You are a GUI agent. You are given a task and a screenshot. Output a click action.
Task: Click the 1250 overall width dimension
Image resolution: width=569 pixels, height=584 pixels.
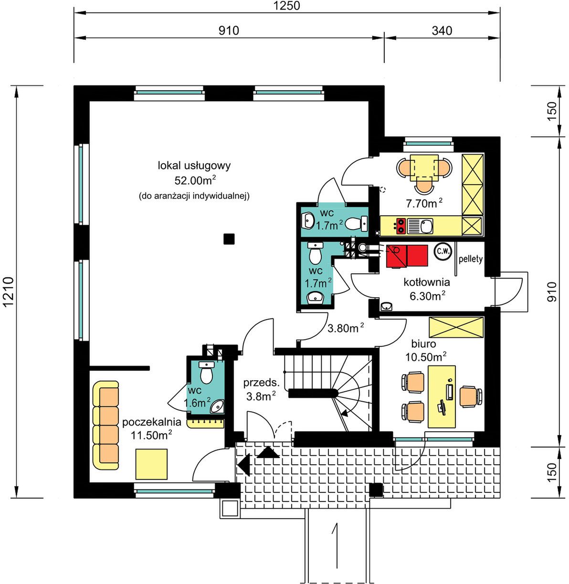pos(286,6)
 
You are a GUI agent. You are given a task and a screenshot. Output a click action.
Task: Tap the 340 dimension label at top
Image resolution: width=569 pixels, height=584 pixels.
pos(442,31)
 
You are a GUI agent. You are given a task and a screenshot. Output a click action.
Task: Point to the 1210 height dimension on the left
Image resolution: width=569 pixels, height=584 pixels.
pos(9,292)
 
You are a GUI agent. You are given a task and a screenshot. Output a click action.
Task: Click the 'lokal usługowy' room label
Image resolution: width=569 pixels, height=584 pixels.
pos(194,166)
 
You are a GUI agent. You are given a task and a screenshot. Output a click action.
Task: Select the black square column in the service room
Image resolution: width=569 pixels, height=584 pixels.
pos(229,239)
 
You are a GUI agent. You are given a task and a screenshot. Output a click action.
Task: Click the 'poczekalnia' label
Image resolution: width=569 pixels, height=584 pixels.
pos(152,422)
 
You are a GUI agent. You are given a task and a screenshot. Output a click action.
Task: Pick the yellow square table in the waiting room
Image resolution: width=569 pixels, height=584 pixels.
pos(151,464)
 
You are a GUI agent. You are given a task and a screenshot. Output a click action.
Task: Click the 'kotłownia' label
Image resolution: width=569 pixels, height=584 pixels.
pos(427,282)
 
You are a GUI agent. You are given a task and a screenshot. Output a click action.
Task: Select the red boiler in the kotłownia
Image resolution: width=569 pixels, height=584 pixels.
pos(407,256)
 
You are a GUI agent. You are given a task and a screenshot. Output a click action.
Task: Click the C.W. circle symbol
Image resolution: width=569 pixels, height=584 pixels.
pos(443,251)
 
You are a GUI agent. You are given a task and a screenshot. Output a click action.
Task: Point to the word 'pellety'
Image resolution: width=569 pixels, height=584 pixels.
pos(471,259)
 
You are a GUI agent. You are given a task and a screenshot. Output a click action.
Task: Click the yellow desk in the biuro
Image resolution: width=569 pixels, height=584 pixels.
pos(442,396)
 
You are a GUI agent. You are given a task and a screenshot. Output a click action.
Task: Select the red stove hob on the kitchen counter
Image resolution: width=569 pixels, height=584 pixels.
pos(401,226)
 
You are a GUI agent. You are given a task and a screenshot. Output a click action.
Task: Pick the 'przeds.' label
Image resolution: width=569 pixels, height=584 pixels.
pos(261,383)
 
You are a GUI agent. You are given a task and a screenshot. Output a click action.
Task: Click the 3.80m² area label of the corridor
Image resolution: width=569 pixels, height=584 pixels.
pos(346,328)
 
